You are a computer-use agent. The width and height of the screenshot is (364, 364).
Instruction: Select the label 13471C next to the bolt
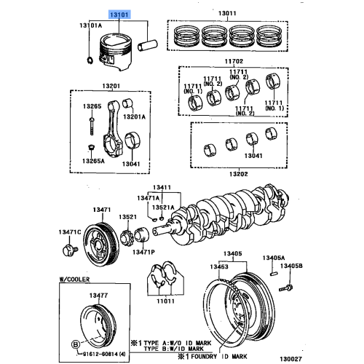70,232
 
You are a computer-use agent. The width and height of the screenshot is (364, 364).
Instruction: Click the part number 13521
128,217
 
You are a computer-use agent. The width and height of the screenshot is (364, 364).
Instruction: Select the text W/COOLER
76,280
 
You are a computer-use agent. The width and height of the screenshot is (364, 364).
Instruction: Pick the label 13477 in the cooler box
98,295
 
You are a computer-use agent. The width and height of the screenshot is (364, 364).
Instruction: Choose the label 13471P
143,252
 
